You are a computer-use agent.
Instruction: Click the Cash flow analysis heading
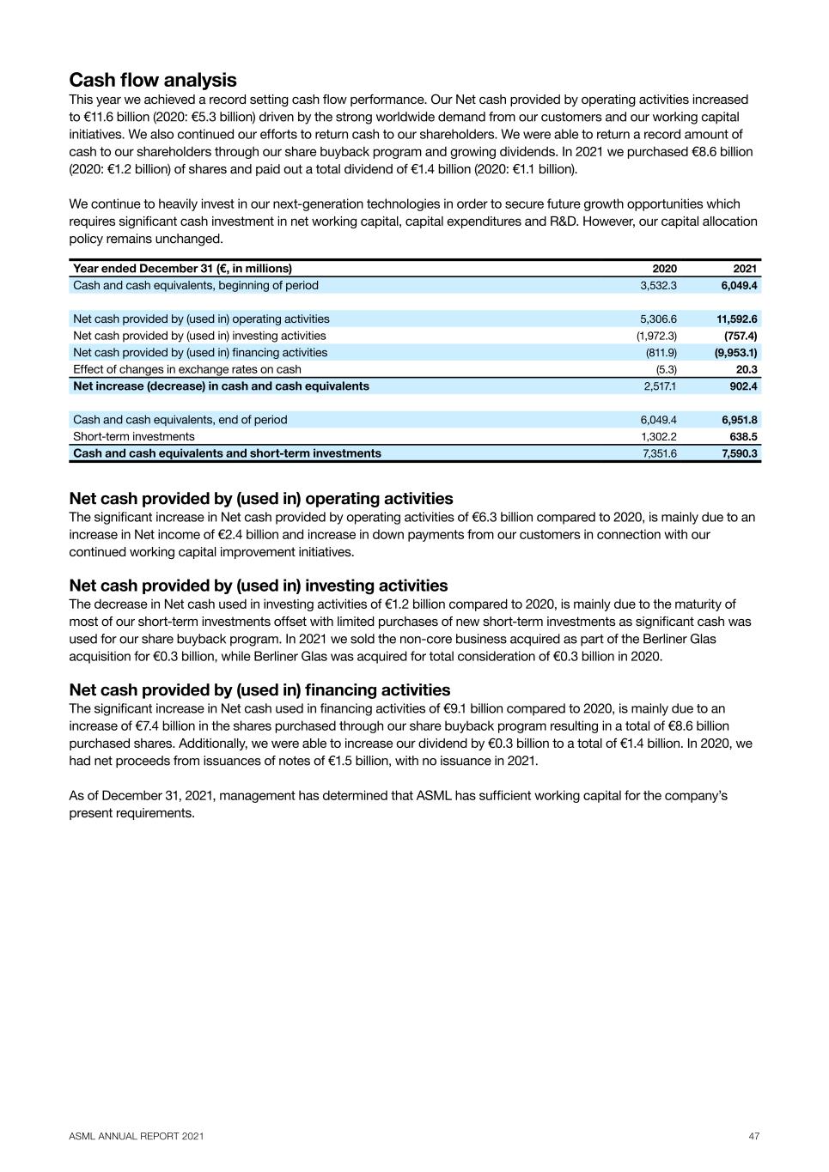point(153,80)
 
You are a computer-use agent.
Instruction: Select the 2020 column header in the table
point(664,268)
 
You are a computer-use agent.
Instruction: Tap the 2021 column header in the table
point(745,268)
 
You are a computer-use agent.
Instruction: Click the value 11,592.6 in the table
point(736,319)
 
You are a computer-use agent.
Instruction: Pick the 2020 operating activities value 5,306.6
point(658,319)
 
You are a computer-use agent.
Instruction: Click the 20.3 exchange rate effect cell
point(746,369)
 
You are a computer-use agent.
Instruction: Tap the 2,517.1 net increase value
point(659,386)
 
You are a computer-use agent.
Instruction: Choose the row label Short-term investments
point(134,436)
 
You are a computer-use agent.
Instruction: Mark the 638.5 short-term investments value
point(743,436)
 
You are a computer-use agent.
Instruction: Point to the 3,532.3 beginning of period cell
point(658,285)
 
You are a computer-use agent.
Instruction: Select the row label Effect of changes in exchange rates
point(187,369)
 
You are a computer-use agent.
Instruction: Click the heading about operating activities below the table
point(261,499)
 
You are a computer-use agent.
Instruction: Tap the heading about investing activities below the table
point(259,586)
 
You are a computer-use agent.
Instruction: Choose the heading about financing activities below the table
point(259,690)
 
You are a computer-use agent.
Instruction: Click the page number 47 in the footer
point(753,1136)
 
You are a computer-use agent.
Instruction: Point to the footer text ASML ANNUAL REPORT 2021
point(137,1136)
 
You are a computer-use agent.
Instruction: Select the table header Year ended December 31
point(182,268)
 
